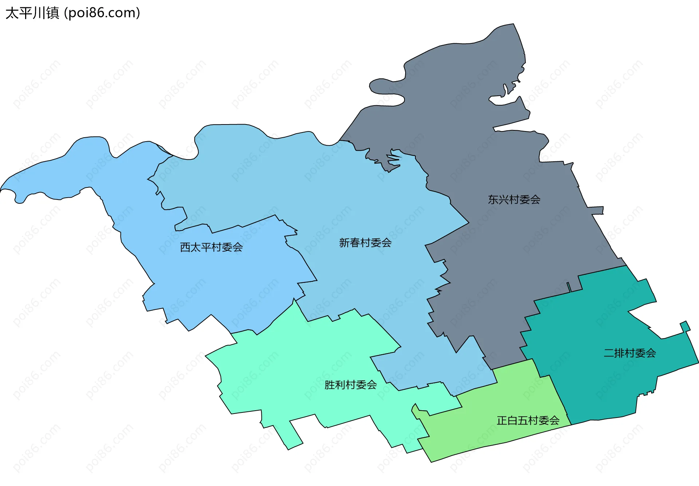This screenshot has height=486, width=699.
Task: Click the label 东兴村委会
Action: [514, 199]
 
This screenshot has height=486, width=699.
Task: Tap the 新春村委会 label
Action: [365, 242]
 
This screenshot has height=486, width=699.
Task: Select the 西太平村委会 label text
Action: [211, 247]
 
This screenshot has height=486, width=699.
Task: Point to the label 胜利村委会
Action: [350, 385]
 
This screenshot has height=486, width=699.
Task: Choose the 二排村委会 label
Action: [629, 353]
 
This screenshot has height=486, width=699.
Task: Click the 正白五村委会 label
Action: [528, 420]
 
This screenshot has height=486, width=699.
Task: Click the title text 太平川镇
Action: [32, 13]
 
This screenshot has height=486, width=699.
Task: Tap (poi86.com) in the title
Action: [102, 13]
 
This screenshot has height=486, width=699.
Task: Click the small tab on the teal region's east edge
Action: [685, 326]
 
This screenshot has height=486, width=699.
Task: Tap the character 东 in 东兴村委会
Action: [493, 199]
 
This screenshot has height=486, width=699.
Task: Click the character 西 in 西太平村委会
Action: [185, 247]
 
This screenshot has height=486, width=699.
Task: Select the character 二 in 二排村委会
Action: [609, 353]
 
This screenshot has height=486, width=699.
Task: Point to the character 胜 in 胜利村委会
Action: [329, 385]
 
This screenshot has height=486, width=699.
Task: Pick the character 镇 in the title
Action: [52, 13]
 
